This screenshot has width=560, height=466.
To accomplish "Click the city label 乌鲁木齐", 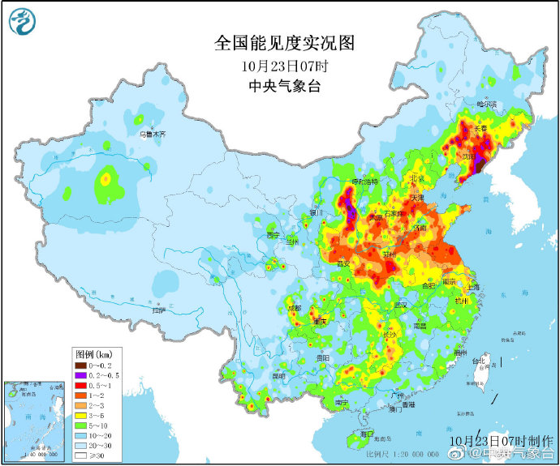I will tap(151, 134).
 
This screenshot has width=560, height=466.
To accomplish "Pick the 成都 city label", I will tap(294, 309).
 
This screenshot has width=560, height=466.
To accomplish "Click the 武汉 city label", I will tap(398, 305).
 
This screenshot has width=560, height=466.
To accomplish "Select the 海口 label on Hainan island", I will tap(367, 434).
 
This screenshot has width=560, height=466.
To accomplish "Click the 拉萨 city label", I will tap(158, 310).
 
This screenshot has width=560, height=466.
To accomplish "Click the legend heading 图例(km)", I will tap(93, 354).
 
